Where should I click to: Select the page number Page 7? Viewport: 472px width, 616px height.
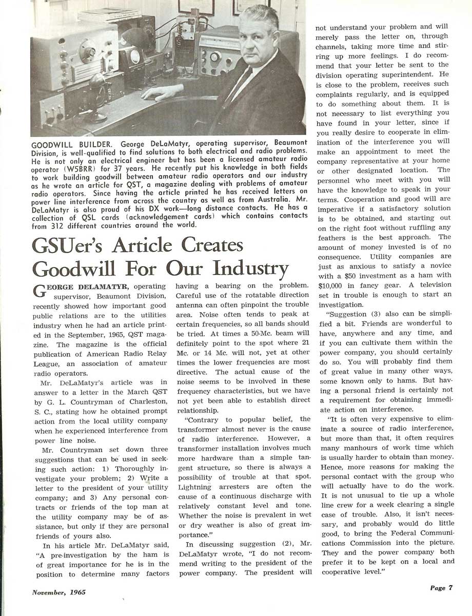tap(441, 588)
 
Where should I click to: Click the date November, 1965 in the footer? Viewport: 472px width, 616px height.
tap(59, 592)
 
